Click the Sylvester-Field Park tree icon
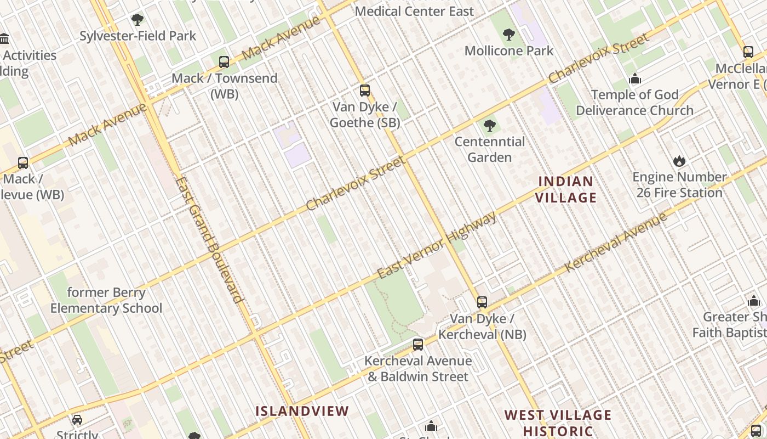138,20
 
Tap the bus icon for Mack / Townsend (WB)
224,62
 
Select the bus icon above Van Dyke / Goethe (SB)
365,91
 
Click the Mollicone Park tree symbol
509,35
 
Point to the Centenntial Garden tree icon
490,126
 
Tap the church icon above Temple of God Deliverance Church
635,79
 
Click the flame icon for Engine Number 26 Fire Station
679,161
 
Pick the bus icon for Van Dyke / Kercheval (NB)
482,302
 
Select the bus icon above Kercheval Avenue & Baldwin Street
418,345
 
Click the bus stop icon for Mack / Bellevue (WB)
23,162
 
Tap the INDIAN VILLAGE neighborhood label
566,189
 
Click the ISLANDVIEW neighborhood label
302,411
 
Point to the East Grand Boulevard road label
209,240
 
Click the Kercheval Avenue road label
616,241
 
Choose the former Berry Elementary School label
106,300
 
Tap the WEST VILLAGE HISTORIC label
558,423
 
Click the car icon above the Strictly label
77,420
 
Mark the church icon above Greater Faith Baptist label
754,301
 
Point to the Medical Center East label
415,11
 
